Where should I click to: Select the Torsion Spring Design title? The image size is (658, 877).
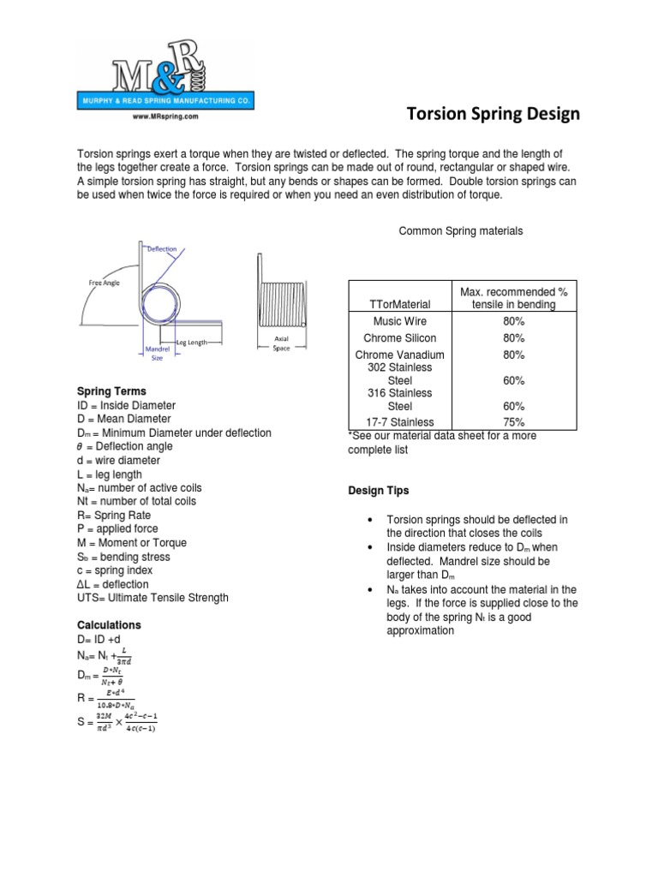click(492, 114)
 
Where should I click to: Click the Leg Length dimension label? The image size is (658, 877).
click(192, 342)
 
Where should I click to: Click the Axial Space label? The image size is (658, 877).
click(281, 343)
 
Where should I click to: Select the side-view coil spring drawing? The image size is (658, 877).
click(281, 295)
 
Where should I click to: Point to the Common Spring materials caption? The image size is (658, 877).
click(461, 231)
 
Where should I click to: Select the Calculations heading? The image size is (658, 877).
click(109, 625)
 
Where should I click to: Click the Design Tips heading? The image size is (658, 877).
click(378, 491)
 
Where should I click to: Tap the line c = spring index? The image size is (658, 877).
click(115, 570)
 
